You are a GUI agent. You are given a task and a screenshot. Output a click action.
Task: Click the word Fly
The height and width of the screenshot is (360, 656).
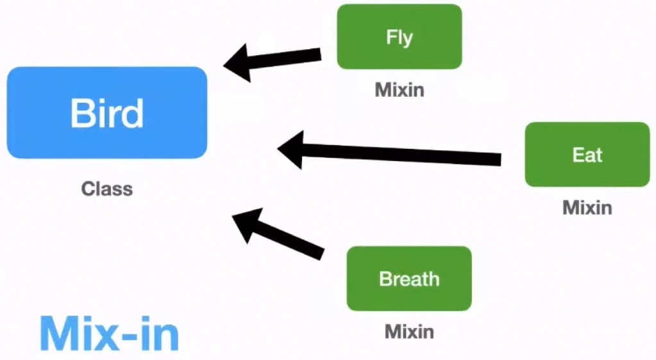click(399, 37)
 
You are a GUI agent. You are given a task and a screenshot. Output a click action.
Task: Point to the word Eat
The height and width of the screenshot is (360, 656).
click(587, 155)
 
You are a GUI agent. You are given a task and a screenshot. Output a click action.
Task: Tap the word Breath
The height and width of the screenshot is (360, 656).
click(409, 279)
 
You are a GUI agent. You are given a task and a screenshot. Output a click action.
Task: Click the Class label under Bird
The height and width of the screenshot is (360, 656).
click(106, 189)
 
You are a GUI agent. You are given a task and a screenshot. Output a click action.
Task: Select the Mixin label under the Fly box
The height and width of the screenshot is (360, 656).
click(399, 89)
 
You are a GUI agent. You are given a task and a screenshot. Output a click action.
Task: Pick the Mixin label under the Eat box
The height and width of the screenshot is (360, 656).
click(587, 207)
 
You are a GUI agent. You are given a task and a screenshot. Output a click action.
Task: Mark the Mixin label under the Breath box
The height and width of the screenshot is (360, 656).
click(409, 331)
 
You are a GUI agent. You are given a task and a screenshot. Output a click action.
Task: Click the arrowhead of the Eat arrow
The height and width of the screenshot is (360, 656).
click(292, 149)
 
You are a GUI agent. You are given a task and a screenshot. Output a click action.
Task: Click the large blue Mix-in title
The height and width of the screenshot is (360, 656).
click(109, 332)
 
